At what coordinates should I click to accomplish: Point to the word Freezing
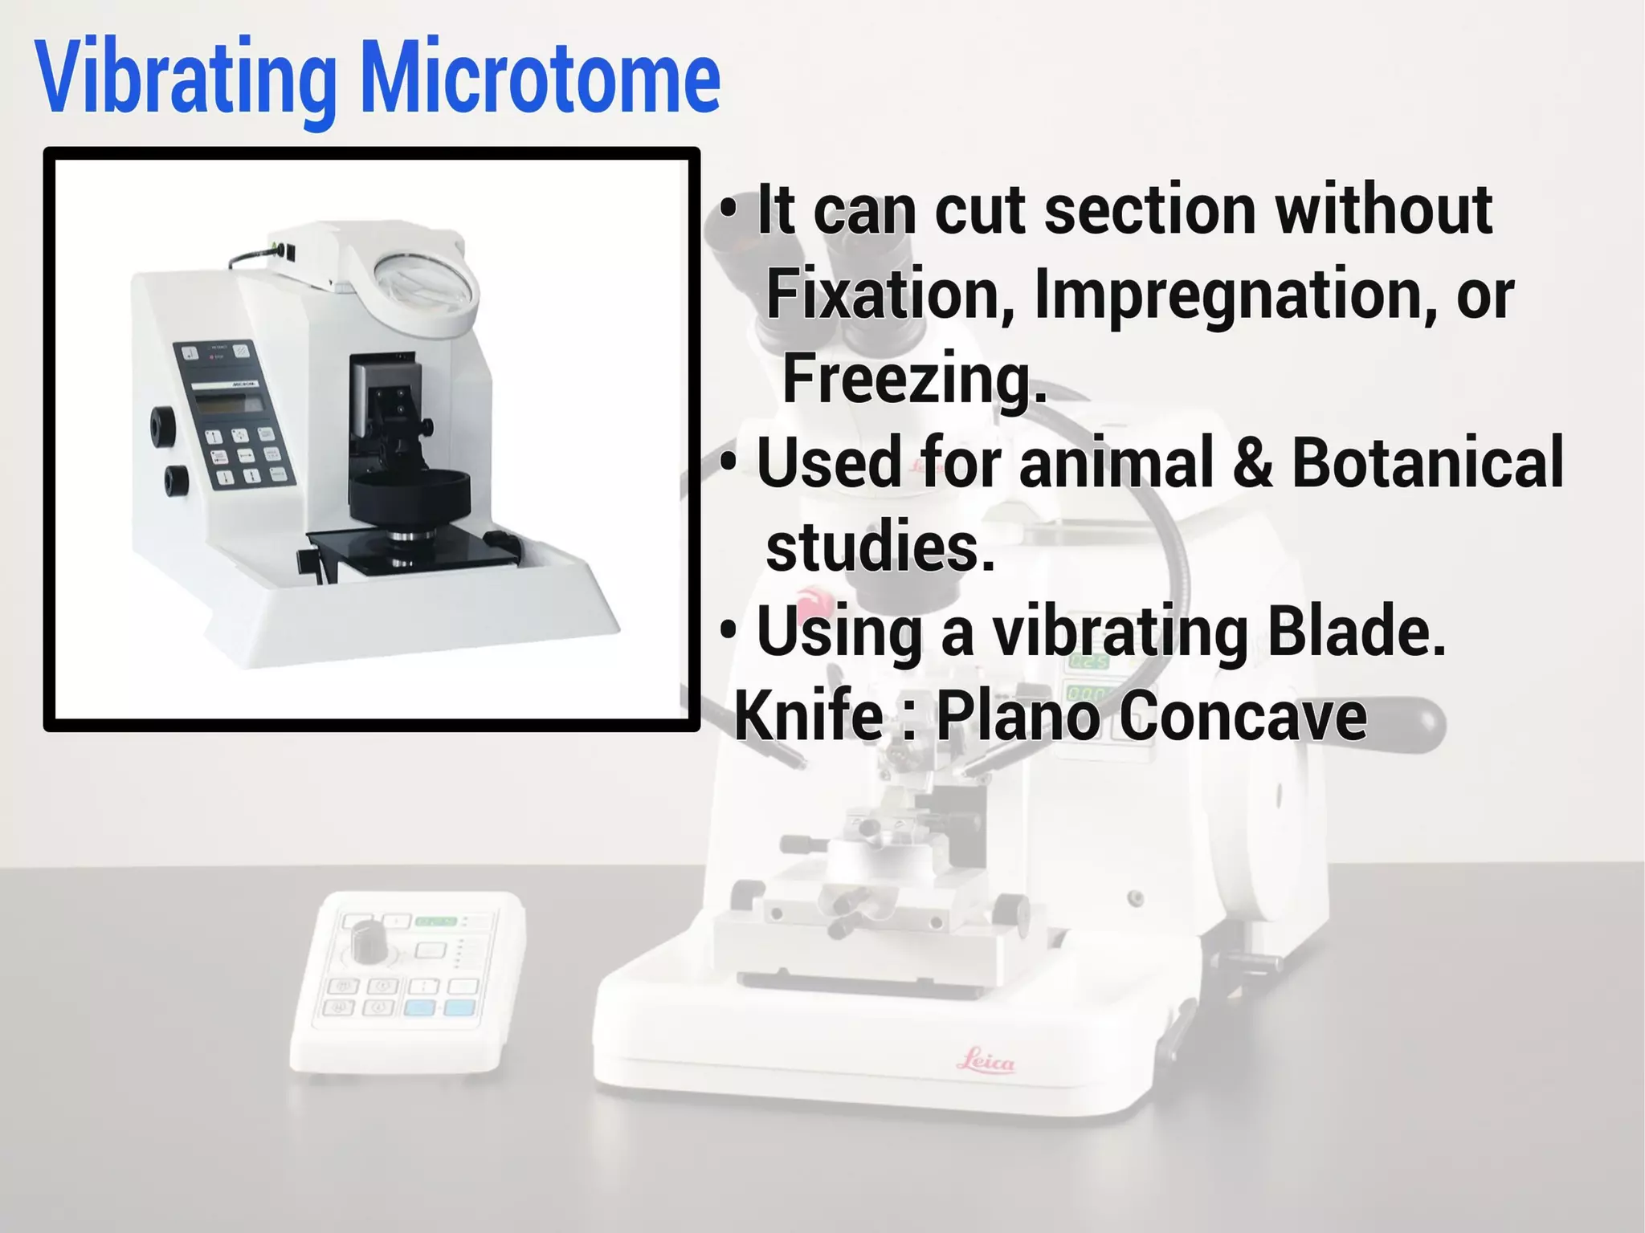click(x=914, y=379)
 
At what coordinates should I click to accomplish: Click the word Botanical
click(x=1427, y=462)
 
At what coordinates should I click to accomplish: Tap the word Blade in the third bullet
click(x=1356, y=631)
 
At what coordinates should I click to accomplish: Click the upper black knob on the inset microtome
click(x=164, y=425)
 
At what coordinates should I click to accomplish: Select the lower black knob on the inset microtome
click(x=177, y=479)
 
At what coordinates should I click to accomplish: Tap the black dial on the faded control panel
click(x=369, y=940)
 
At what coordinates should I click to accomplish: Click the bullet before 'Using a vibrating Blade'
click(x=728, y=631)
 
